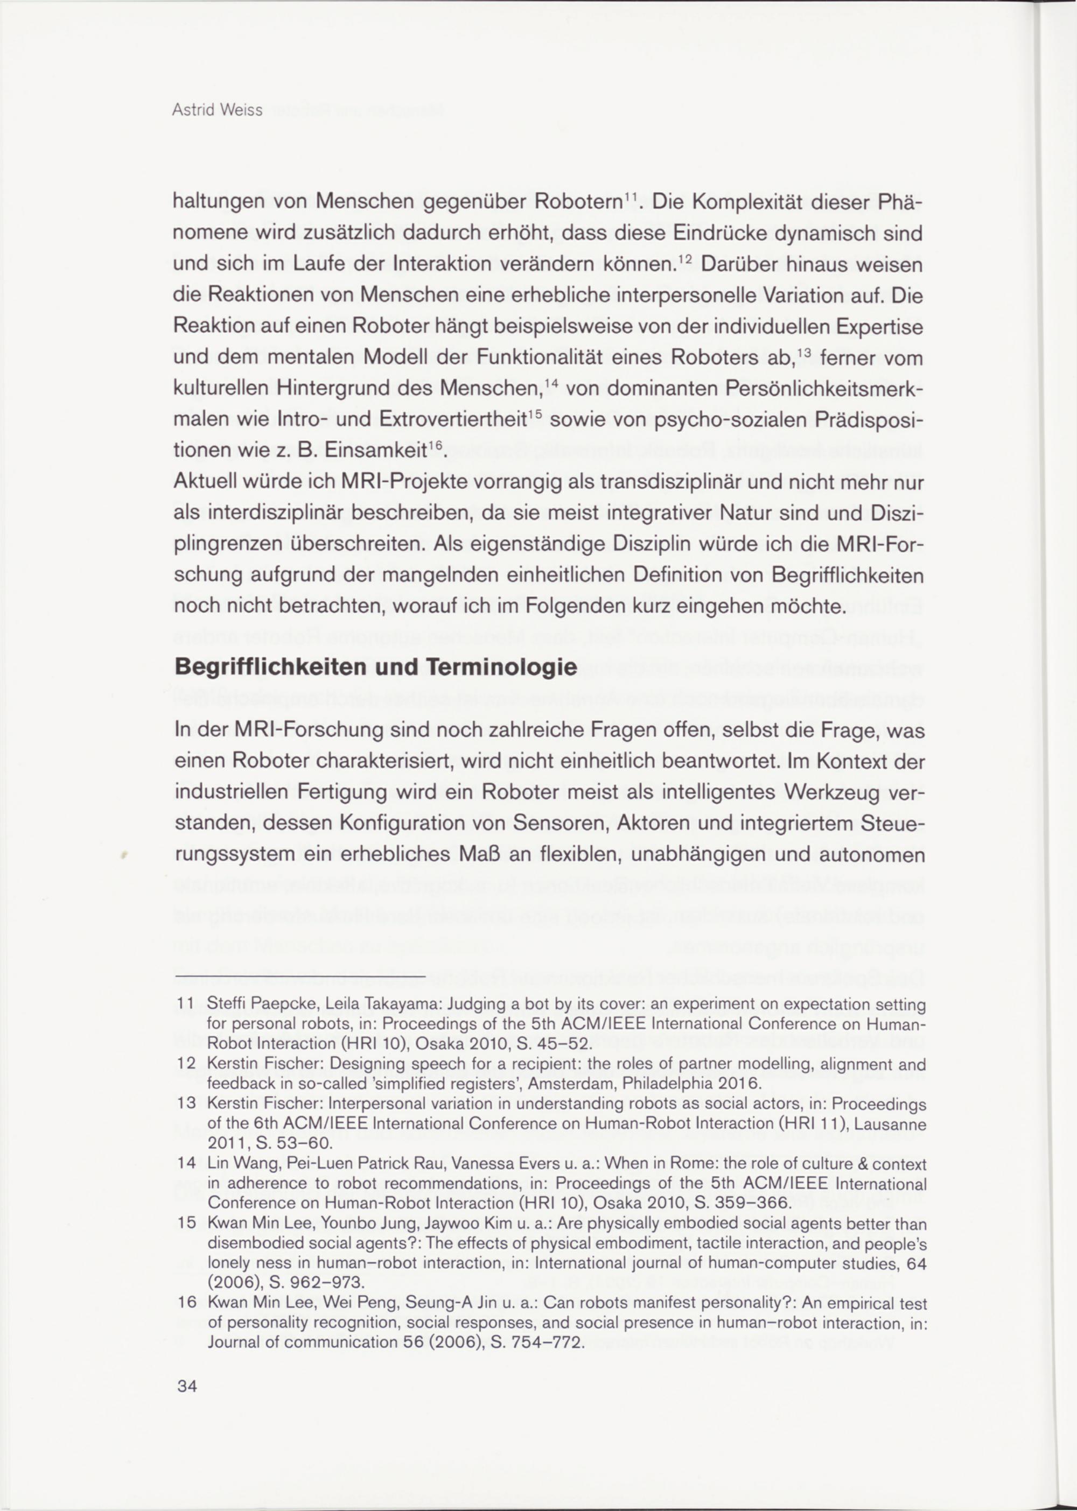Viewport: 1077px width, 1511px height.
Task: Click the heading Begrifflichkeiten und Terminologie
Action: coord(375,667)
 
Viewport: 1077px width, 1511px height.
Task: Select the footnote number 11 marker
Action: coord(186,1004)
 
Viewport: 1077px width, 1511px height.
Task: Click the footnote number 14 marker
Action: coord(186,1164)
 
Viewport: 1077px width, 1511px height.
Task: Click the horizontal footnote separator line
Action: coord(300,976)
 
